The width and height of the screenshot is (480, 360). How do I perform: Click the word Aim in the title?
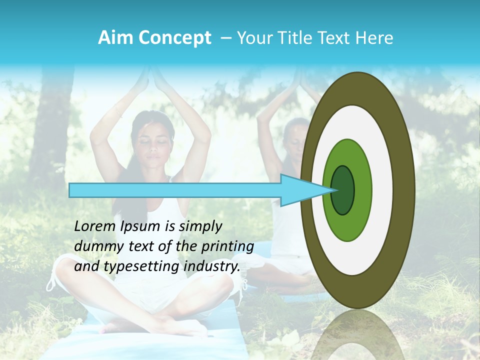(115, 38)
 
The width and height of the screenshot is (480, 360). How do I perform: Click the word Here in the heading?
(375, 38)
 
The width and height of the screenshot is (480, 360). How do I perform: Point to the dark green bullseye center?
(342, 190)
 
